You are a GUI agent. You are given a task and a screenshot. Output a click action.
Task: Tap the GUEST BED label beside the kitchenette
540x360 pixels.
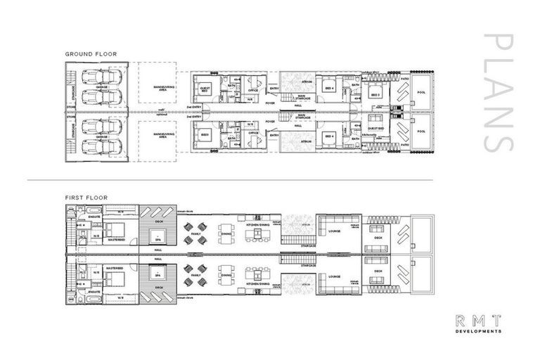coord(375,129)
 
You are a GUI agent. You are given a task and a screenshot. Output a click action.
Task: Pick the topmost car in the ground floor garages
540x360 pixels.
coord(96,77)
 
